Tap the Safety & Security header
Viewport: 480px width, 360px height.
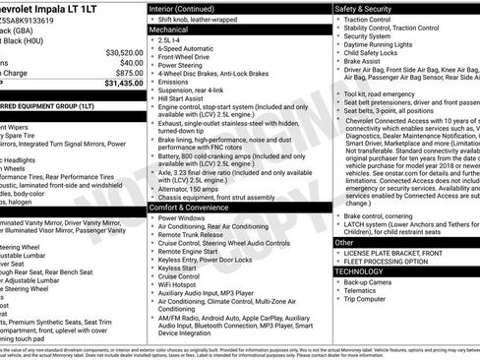[367, 8]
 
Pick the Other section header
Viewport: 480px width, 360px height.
[344, 242]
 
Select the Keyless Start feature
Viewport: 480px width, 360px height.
[177, 268]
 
